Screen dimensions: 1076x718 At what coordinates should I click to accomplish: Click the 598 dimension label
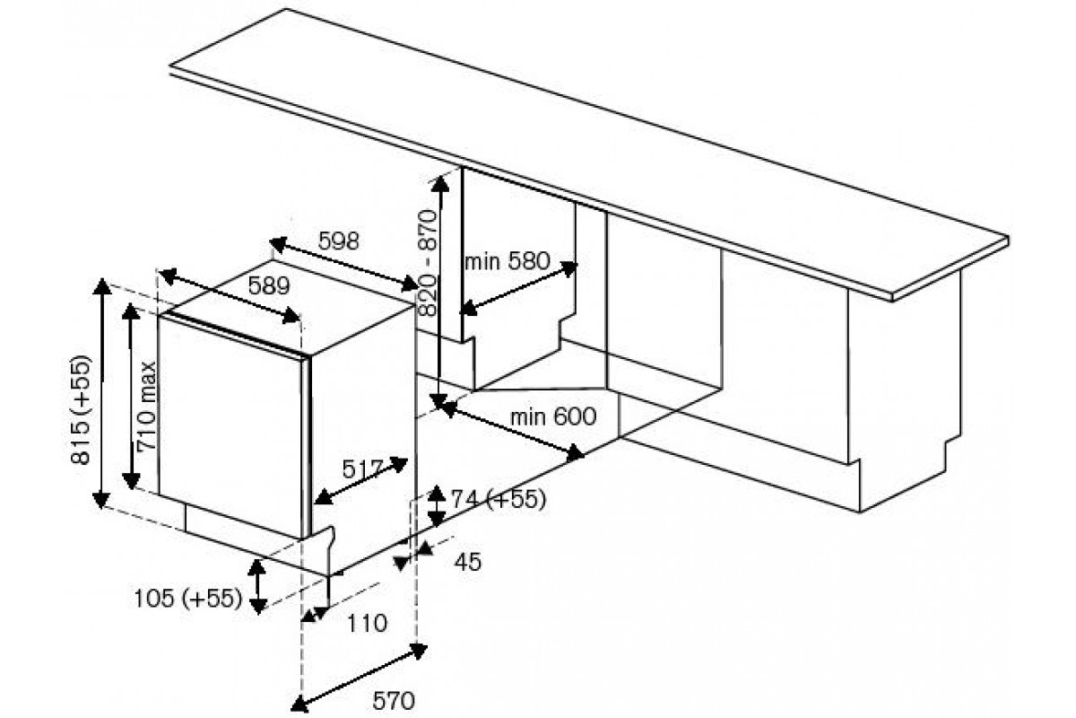pos(338,241)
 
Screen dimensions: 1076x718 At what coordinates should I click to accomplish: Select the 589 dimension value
pos(269,286)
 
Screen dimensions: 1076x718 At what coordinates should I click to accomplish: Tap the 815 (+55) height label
pos(80,410)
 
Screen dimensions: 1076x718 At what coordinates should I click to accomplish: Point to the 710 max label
pos(146,407)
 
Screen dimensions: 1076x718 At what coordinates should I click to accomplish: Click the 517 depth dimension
pos(362,468)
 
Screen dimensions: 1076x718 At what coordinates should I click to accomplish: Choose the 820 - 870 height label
pos(427,263)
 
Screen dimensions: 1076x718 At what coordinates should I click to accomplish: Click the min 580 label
pos(508,261)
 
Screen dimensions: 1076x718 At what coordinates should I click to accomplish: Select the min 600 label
pos(553,416)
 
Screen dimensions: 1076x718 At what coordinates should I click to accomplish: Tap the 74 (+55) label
pos(499,499)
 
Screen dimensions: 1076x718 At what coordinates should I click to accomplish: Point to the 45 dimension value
pos(468,561)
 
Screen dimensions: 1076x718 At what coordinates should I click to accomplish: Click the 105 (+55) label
pos(187,599)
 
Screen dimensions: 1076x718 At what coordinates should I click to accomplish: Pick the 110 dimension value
pos(367,623)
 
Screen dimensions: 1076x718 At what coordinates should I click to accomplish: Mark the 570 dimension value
pos(394,701)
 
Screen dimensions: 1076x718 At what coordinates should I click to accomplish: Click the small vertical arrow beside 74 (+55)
pos(436,505)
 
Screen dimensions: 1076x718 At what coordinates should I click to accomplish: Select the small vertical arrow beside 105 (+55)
pos(257,587)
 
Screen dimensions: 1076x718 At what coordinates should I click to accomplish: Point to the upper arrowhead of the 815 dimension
pos(101,287)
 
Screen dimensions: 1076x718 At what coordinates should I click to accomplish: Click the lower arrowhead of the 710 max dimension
pos(131,481)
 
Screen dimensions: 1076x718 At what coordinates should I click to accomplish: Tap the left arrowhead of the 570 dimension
pos(299,705)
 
